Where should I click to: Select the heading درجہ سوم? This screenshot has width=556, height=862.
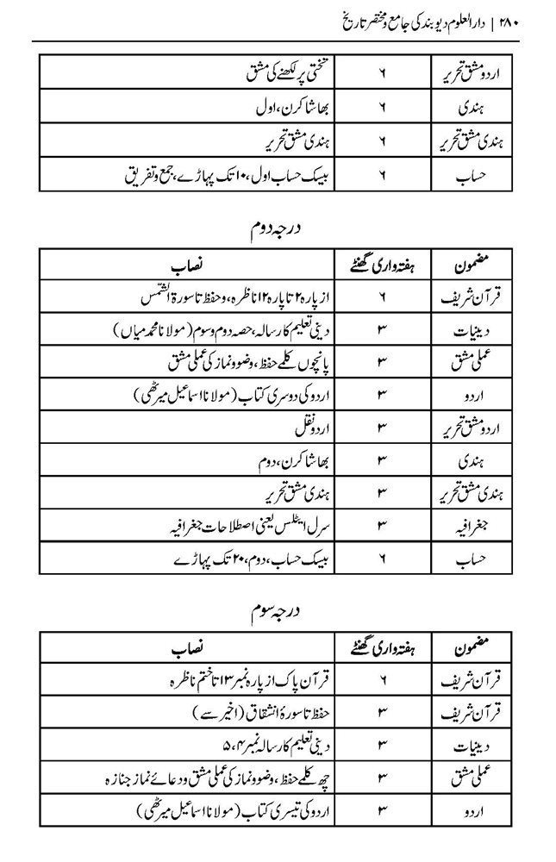290,611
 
